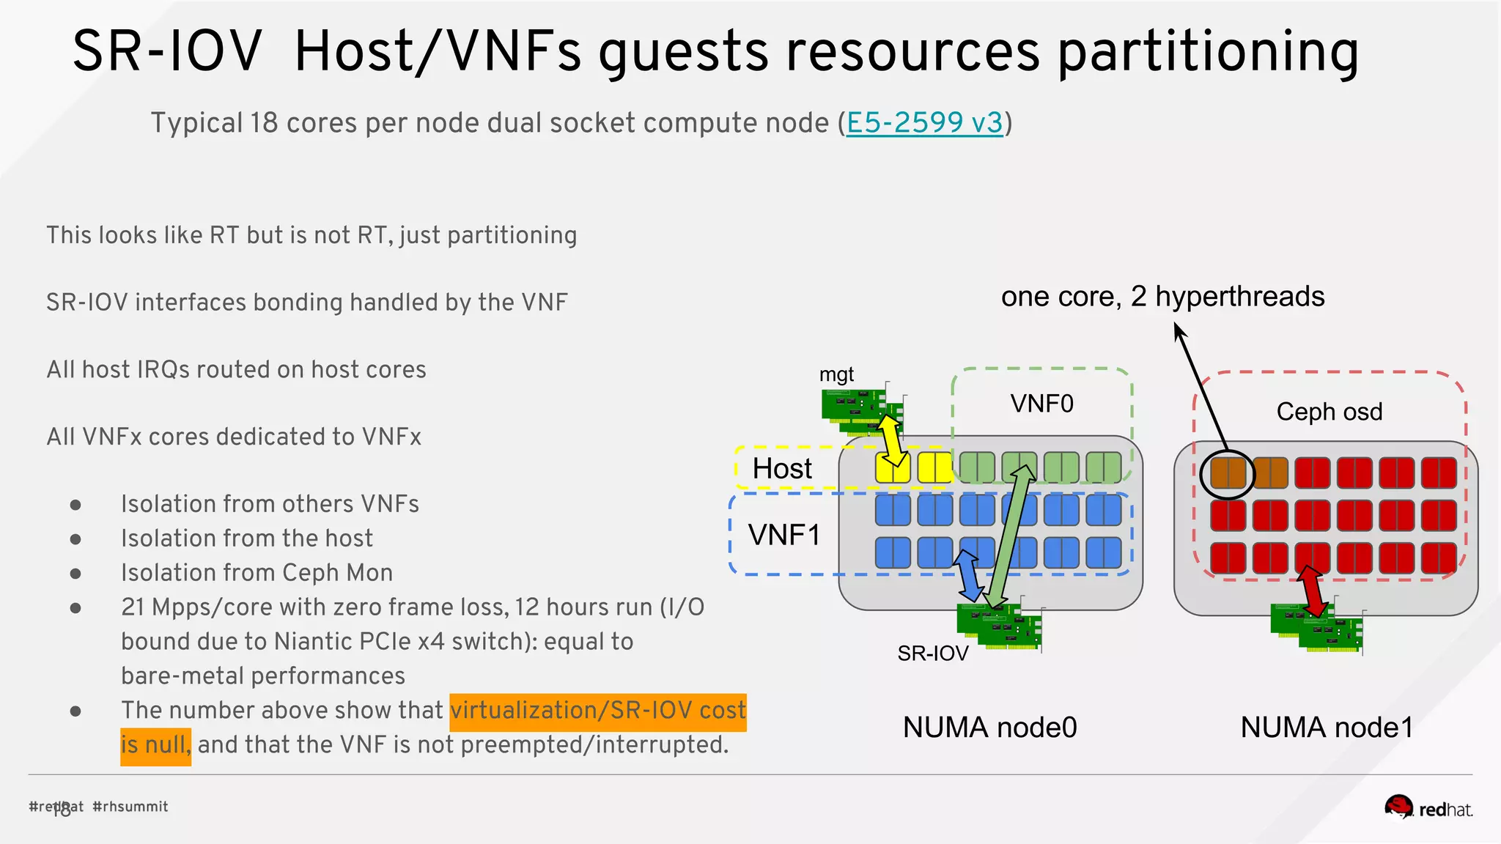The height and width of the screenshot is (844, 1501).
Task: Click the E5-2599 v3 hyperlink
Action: tap(924, 123)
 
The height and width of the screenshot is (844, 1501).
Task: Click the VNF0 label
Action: tap(1041, 404)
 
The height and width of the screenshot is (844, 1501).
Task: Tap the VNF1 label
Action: tap(783, 535)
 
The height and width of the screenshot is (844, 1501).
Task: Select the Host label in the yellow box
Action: tap(782, 469)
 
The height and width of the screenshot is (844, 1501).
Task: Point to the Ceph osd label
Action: tap(1329, 412)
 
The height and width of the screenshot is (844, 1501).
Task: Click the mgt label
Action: tap(836, 374)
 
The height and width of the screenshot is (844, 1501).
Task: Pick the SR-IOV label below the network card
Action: tap(932, 653)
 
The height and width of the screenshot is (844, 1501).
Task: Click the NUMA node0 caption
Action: tap(989, 728)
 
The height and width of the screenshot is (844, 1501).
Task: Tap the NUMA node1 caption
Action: tap(1327, 728)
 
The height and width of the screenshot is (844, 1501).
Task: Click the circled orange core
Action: tap(1228, 473)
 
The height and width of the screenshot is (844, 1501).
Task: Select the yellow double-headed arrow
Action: tap(891, 440)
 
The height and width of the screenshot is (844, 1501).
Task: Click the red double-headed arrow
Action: tap(1312, 591)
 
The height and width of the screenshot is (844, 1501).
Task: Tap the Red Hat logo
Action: tap(1428, 808)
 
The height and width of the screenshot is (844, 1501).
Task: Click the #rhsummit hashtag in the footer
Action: tap(130, 807)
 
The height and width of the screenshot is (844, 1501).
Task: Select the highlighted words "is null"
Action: tap(155, 745)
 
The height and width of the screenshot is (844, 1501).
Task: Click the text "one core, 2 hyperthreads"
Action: tap(1162, 297)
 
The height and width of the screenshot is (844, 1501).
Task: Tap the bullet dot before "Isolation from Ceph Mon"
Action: tap(75, 574)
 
